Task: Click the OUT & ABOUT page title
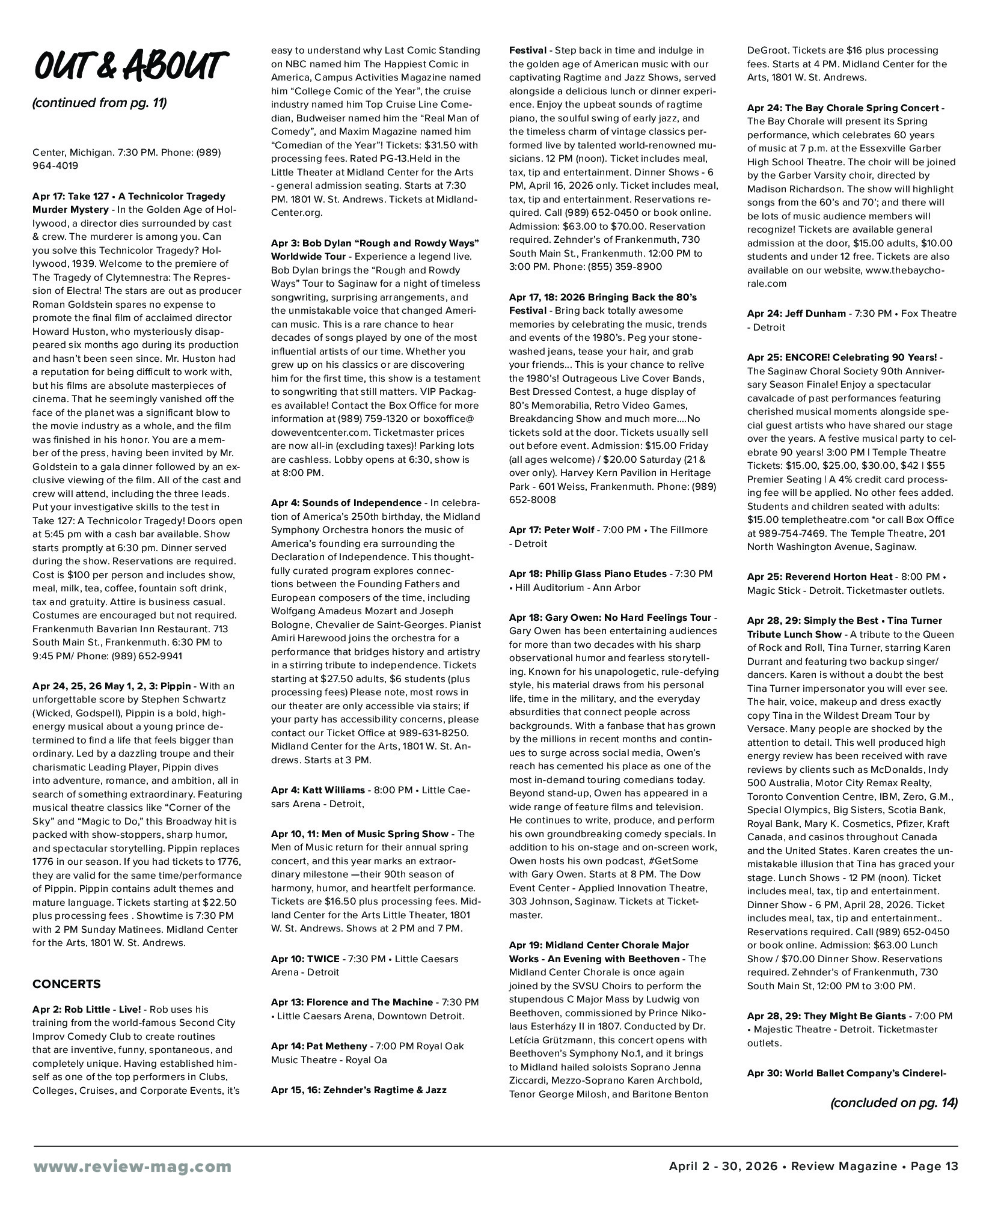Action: coord(129,66)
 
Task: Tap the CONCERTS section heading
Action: coord(67,984)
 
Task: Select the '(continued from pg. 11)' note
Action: coord(99,103)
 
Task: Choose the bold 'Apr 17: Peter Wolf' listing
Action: coord(552,530)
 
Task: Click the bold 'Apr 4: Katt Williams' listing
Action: coord(317,790)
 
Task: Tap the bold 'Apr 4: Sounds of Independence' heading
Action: coord(346,502)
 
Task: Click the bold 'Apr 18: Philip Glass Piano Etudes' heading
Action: coord(587,574)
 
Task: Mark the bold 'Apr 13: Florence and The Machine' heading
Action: coord(351,1002)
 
